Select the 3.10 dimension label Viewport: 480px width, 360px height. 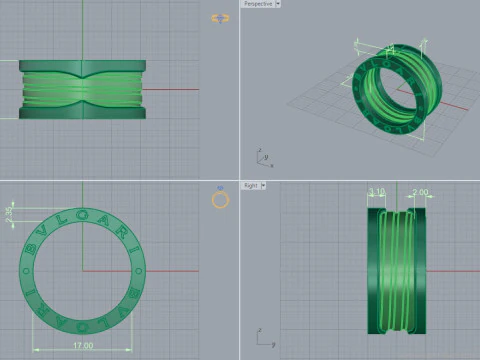point(377,191)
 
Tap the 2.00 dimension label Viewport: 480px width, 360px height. point(420,191)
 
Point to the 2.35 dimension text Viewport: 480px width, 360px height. point(9,212)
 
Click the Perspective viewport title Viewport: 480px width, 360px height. point(257,4)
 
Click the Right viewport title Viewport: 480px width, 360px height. point(251,185)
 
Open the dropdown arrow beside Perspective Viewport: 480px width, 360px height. point(278,4)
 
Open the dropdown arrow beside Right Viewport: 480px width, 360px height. point(264,185)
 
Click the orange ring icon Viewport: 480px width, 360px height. point(220,200)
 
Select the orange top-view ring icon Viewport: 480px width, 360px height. point(220,19)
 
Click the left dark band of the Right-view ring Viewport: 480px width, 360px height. point(373,270)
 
